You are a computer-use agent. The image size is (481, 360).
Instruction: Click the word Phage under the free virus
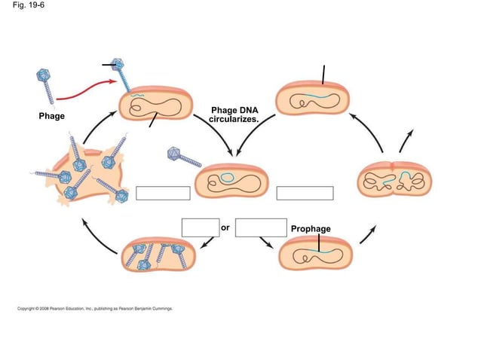click(52, 117)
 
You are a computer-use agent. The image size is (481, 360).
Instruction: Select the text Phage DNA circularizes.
click(234, 114)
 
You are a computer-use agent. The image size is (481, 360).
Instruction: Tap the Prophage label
click(310, 228)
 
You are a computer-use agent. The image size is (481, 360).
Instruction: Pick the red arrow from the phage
click(87, 95)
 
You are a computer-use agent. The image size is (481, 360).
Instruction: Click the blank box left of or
click(200, 227)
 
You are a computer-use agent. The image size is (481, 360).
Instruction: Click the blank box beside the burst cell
click(163, 193)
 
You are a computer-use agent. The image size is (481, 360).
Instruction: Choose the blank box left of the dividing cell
click(305, 193)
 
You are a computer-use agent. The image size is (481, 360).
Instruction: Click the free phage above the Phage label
click(47, 84)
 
